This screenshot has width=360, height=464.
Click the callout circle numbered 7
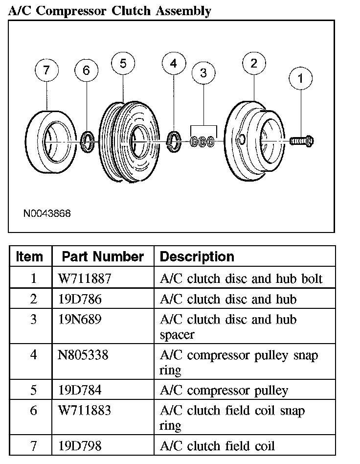(46, 70)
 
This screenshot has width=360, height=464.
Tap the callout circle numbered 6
(87, 71)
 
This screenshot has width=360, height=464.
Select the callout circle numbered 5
(123, 63)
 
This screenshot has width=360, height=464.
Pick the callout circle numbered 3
(203, 73)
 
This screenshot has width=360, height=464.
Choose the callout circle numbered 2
(254, 63)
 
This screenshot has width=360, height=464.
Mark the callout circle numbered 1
(300, 78)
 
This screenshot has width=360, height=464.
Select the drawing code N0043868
(46, 214)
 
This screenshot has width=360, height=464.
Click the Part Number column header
(103, 256)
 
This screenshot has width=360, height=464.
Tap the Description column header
(197, 256)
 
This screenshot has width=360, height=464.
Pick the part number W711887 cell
(85, 278)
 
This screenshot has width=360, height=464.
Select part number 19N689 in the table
(80, 319)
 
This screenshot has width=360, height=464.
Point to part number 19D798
(80, 445)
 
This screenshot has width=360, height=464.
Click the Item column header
(30, 256)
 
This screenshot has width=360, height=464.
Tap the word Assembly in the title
(183, 11)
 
